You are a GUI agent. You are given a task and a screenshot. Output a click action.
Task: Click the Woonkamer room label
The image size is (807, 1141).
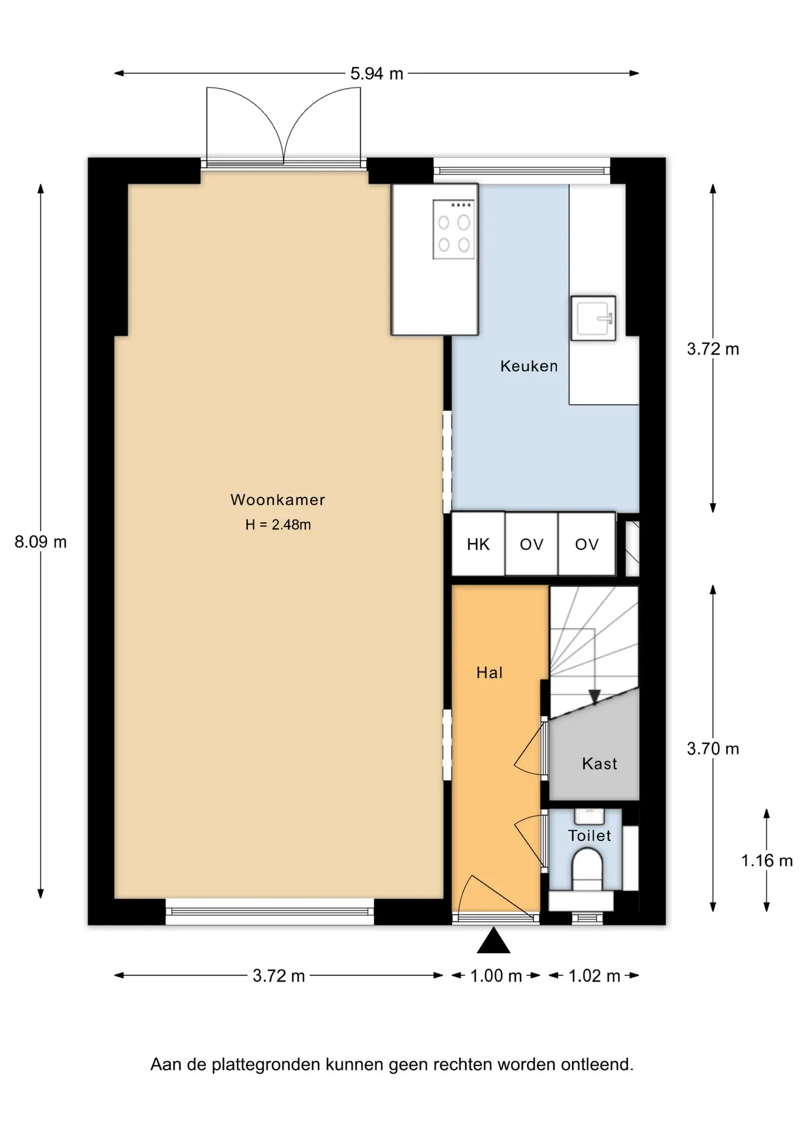tap(278, 500)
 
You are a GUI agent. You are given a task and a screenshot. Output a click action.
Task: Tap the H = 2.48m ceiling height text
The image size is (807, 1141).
tap(278, 525)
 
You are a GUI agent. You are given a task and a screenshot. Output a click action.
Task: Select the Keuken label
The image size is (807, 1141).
tap(529, 366)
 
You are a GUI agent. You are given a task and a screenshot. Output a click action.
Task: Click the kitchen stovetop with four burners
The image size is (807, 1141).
tap(454, 229)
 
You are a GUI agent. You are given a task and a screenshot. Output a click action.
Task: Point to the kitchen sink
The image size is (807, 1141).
tap(593, 318)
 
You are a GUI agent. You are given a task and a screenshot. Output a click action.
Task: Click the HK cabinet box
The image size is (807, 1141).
tap(478, 544)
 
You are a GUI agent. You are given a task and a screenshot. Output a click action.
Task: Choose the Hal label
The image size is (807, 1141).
tap(490, 673)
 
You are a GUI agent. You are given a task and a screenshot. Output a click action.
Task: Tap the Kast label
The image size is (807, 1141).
tap(600, 764)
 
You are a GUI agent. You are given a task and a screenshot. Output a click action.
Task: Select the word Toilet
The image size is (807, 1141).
tap(590, 836)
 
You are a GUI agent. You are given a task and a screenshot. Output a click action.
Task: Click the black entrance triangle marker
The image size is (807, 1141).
tap(493, 941)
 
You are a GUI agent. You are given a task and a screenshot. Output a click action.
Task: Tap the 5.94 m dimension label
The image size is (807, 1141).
tap(377, 74)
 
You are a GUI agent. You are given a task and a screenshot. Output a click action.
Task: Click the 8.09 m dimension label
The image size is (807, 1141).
tap(40, 542)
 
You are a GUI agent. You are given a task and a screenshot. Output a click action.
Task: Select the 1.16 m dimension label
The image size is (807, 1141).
tap(767, 861)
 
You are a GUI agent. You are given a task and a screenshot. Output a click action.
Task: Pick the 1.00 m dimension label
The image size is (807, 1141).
tap(496, 976)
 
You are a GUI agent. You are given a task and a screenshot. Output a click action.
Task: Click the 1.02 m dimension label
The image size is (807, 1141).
tap(594, 976)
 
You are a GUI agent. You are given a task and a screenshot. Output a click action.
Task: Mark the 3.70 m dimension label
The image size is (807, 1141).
tap(713, 749)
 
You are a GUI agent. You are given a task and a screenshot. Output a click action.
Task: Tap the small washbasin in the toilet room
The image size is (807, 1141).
tap(590, 816)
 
